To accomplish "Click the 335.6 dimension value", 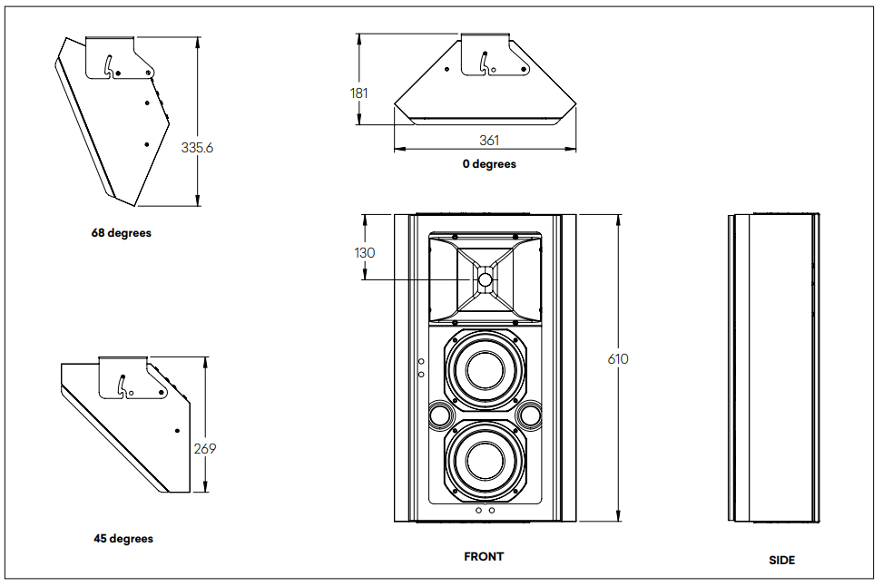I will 197,147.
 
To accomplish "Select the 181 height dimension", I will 360,93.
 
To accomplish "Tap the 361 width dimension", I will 489,140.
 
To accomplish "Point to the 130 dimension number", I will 364,253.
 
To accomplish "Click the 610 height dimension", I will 617,359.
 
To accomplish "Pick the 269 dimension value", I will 205,448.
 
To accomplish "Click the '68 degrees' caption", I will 121,233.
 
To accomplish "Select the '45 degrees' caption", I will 123,539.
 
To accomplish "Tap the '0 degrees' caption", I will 489,164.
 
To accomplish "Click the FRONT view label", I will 484,556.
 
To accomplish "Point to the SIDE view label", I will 781,561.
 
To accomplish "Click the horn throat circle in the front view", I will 485,279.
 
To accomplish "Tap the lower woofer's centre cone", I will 485,461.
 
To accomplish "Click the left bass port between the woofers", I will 438,415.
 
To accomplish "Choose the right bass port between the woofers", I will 530,415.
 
